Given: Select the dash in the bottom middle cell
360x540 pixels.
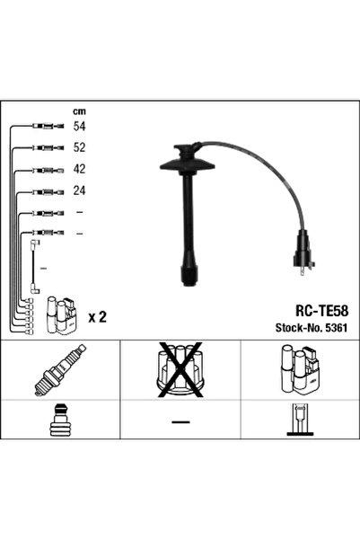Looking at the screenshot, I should coord(180,421).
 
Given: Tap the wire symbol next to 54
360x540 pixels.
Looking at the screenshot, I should coord(44,127).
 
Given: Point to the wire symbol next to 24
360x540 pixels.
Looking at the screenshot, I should coord(44,191).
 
